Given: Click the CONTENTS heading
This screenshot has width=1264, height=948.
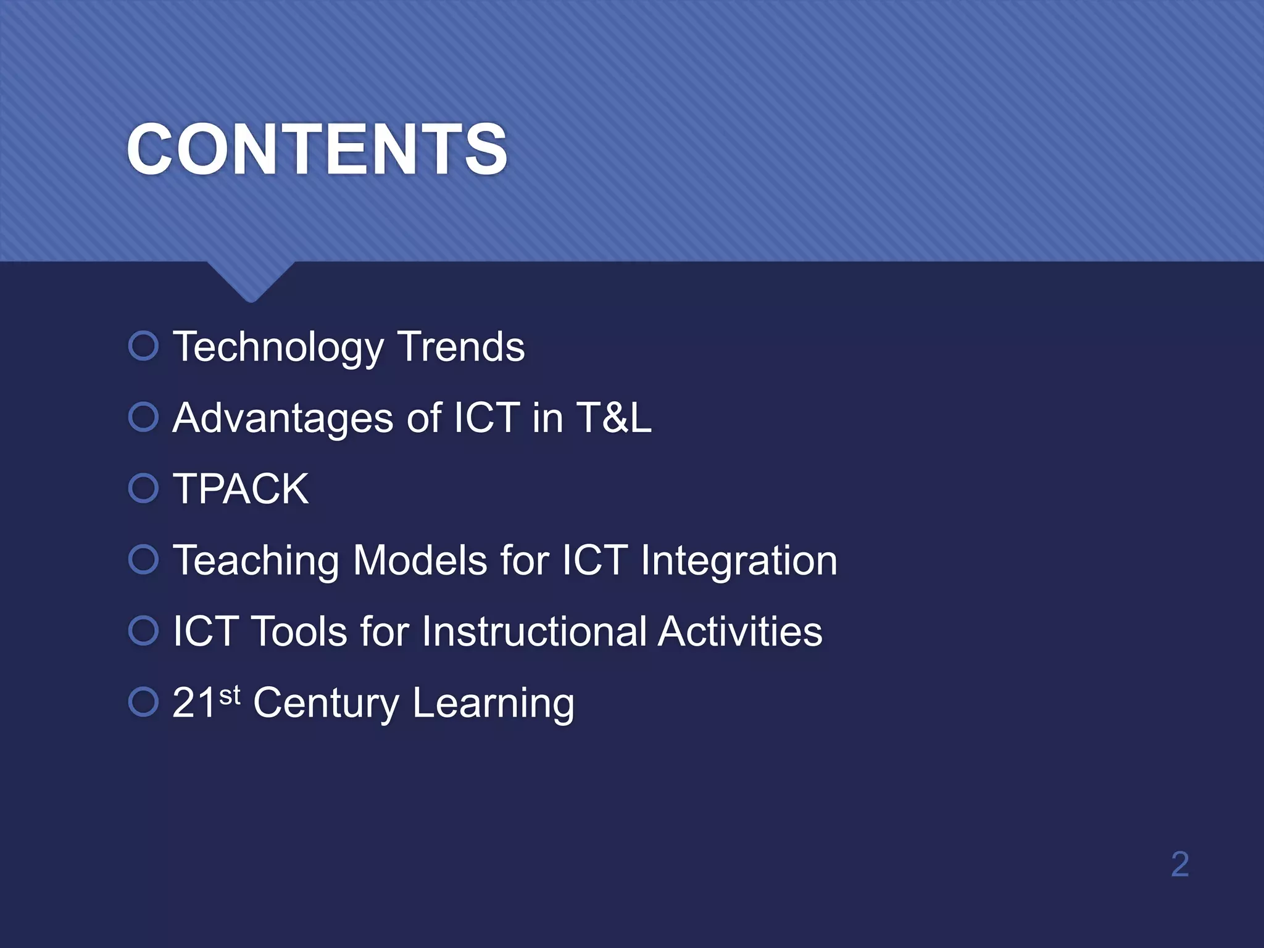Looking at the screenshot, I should point(317,149).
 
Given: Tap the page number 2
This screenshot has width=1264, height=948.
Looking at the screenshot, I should point(1179,864).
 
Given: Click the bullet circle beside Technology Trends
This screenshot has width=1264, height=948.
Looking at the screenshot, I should point(144,346).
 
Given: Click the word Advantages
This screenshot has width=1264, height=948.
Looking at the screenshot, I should point(283,418).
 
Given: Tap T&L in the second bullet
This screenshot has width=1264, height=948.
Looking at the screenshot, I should point(613,418).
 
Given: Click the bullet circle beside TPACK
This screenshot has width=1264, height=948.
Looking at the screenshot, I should point(144,488).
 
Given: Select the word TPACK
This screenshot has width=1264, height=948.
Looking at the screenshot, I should point(241,489).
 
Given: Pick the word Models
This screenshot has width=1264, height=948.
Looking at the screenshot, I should point(420,560).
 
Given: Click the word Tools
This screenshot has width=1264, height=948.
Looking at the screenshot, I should point(300,631).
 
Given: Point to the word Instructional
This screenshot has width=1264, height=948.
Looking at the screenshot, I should point(534,631).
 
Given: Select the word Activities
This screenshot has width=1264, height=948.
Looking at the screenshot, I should point(739,631).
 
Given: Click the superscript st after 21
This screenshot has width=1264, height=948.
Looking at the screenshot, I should point(230,696).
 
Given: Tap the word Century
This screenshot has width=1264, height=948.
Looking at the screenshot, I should point(326,704).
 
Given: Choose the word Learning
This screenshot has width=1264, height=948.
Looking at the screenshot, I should point(493,704).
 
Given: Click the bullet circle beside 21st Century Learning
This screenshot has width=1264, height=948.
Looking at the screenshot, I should point(144,702).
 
